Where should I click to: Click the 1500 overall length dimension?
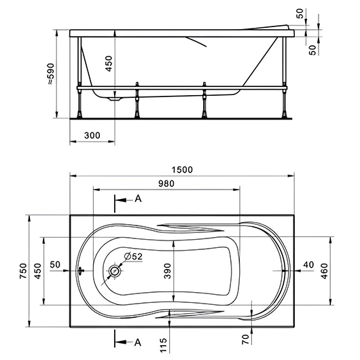coord(182,170)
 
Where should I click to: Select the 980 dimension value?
coord(166,183)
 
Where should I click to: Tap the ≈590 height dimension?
coord(51,74)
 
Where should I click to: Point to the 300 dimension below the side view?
coord(92,135)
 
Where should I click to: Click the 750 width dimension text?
coord(23,271)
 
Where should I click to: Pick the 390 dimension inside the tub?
coord(168,271)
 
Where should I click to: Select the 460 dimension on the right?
coord(324,271)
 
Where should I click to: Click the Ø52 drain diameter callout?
coord(133,256)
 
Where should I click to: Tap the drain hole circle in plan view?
coord(114,271)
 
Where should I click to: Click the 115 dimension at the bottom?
coord(164,345)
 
